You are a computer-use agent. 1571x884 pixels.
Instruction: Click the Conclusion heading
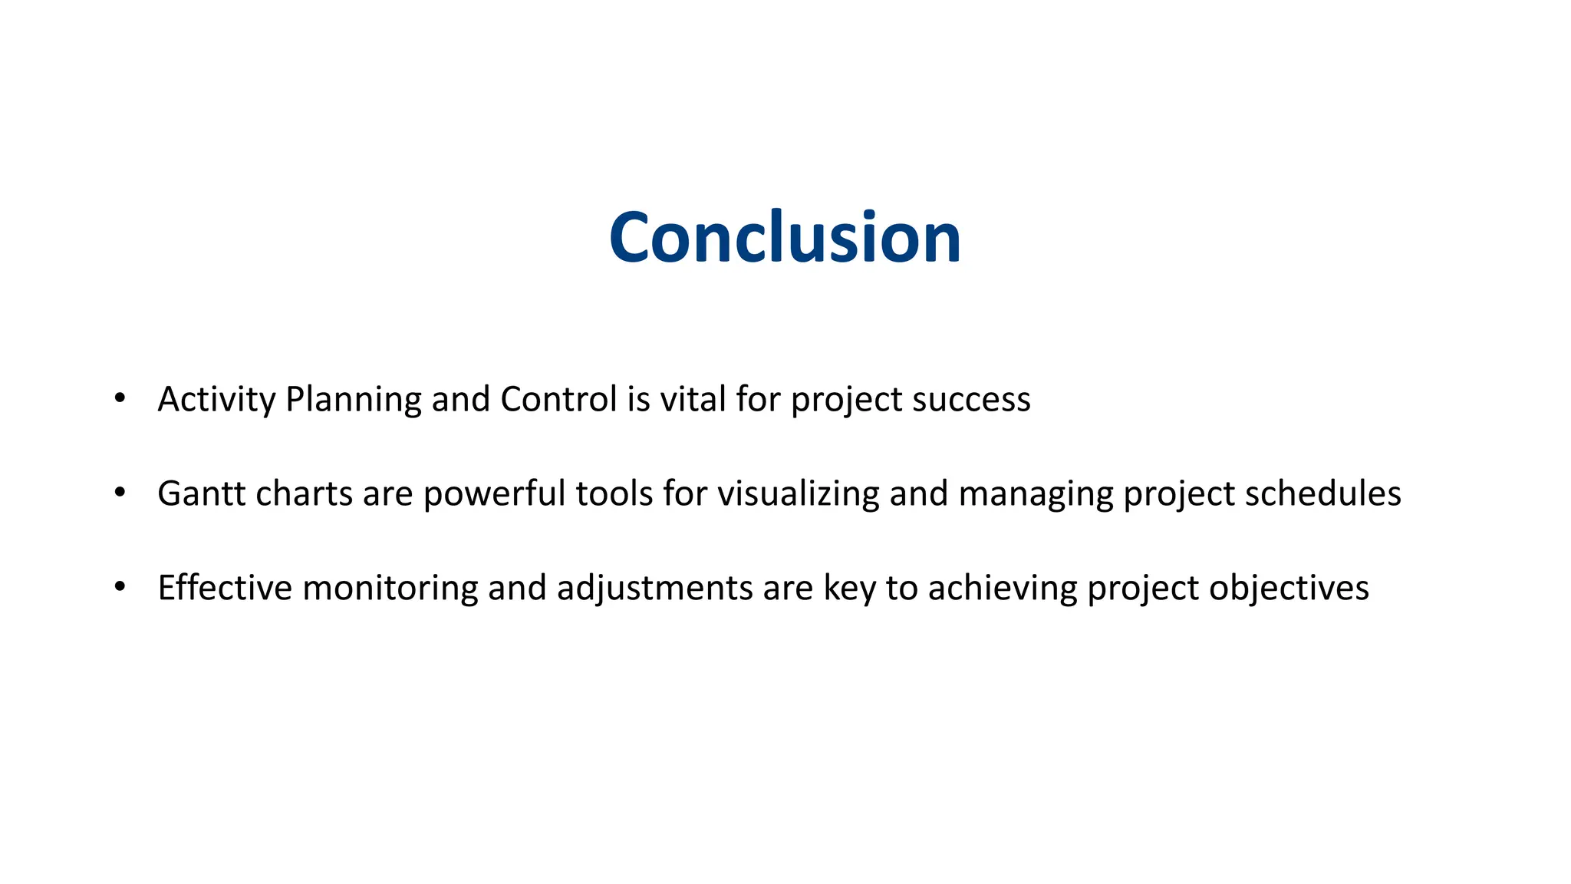pos(785,238)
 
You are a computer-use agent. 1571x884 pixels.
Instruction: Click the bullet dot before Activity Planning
pos(119,398)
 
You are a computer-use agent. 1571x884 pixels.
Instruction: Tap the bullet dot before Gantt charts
pos(119,493)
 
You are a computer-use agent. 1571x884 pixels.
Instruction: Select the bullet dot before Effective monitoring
pos(119,587)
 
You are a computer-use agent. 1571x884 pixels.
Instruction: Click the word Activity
pos(216,400)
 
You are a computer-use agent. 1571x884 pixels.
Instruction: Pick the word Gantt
pos(202,494)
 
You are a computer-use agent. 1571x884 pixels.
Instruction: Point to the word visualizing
pos(798,494)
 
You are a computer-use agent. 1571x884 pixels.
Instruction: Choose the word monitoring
pos(390,589)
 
